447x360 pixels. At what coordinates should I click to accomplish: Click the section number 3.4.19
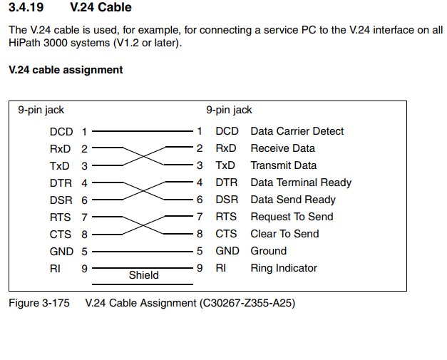coord(26,7)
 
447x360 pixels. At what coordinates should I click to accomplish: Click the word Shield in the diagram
coord(144,275)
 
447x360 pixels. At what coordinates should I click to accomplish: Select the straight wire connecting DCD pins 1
coord(143,131)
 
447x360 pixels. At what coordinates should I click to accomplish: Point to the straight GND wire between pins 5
coord(143,252)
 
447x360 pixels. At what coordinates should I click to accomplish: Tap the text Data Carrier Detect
coord(297,131)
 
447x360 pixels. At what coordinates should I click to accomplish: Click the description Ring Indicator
coord(284,268)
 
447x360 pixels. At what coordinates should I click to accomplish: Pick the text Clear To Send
coord(284,234)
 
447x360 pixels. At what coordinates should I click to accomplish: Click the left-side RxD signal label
coord(60,149)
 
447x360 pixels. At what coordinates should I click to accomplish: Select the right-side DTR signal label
coord(226,182)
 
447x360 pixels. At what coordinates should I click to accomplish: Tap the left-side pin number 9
coord(84,269)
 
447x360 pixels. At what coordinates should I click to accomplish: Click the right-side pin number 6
coord(200,200)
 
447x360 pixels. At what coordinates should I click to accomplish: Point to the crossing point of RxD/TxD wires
coord(144,156)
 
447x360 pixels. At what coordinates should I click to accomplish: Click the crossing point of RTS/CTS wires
coord(143,225)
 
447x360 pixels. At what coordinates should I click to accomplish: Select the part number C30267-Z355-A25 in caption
coord(247,303)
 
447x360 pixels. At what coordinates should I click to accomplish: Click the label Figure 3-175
coord(39,303)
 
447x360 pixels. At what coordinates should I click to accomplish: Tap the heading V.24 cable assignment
coord(66,70)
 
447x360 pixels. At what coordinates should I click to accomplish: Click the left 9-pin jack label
coord(41,110)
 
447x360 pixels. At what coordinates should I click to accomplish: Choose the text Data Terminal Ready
coord(301,182)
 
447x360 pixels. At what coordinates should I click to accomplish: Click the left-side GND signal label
coord(61,252)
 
